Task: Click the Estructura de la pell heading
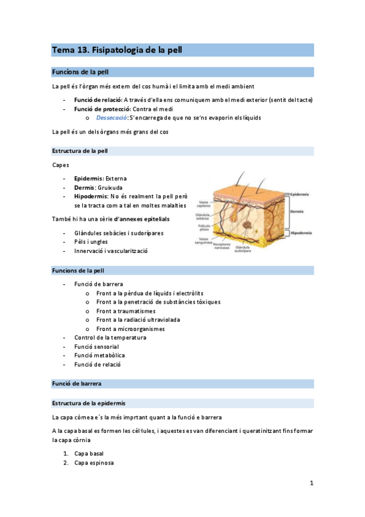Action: [80, 151]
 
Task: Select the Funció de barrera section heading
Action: [77, 384]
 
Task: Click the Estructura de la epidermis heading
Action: [89, 404]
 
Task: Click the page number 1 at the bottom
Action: [311, 483]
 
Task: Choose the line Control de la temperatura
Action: [110, 338]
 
